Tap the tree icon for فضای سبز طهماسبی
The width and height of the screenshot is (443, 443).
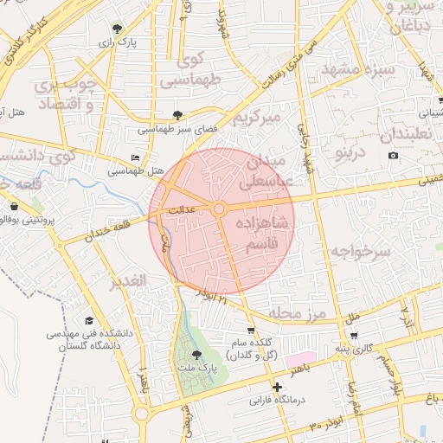pos(178,114)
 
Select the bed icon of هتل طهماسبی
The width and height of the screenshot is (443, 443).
pos(134,157)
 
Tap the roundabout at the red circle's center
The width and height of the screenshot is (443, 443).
pos(220,209)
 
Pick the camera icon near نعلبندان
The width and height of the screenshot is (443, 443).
pos(394,155)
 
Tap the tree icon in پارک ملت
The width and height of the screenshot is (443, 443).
pos(196,354)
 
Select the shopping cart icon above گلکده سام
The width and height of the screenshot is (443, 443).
pos(251,331)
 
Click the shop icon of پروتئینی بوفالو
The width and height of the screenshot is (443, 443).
pos(15,207)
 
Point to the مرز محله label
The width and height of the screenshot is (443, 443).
pos(300,312)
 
